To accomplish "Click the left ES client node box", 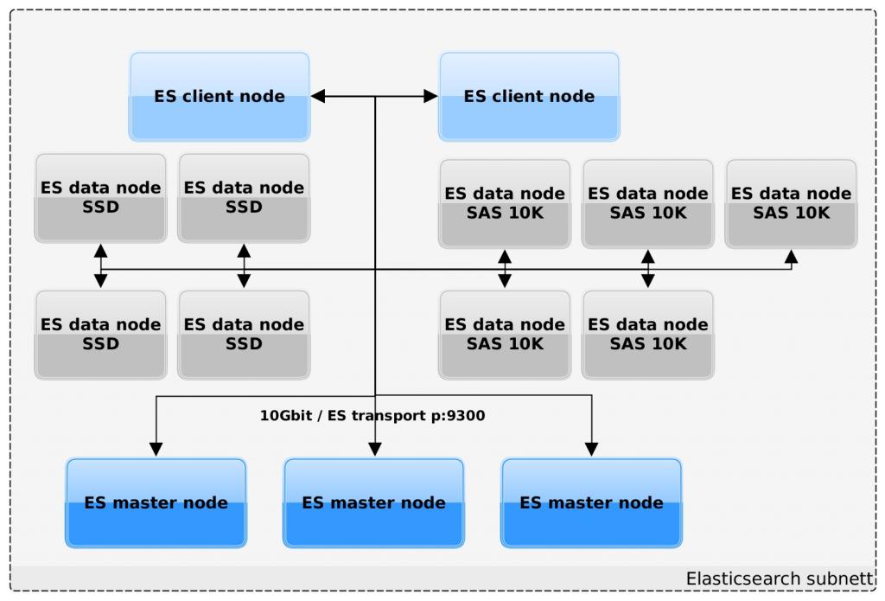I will [220, 97].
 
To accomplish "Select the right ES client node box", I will [529, 97].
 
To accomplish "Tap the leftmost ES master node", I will [156, 502].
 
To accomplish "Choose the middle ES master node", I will [374, 502].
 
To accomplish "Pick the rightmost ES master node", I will [592, 502].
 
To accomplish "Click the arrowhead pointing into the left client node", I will [318, 97].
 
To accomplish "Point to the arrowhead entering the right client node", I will [430, 97].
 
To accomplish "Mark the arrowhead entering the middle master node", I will [374, 450].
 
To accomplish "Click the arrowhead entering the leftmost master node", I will [156, 450].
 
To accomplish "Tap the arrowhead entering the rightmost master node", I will [592, 450].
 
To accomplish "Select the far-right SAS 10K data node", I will [791, 203].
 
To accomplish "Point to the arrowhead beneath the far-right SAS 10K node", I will [791, 256].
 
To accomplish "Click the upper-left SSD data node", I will [100, 198].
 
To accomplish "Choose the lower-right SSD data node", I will [244, 335].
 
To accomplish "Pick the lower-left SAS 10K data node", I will [505, 335].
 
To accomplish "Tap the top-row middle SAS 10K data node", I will [648, 203].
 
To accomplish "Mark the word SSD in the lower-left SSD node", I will [100, 344].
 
